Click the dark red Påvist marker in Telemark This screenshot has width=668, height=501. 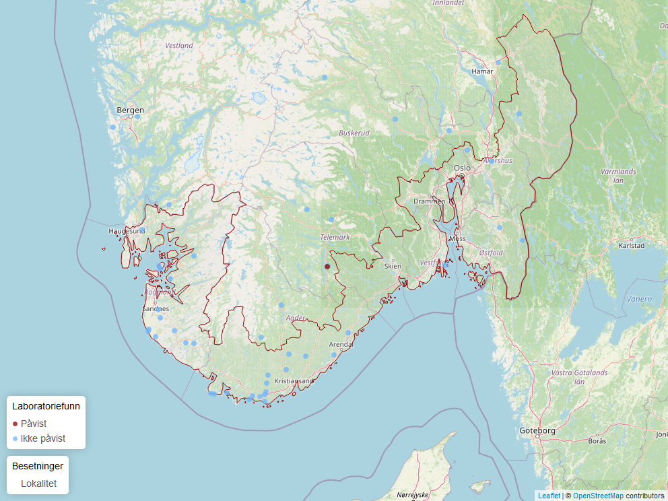(x=327, y=267)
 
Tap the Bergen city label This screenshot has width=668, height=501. (x=130, y=110)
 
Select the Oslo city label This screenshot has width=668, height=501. (x=463, y=168)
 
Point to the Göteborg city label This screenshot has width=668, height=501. (x=537, y=430)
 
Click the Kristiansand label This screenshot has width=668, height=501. (x=294, y=381)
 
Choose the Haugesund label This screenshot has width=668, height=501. (x=127, y=231)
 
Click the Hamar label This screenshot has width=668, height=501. (x=482, y=71)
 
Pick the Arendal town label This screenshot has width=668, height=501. (x=341, y=344)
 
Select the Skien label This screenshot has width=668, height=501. (x=393, y=266)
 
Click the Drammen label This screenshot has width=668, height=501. (x=429, y=201)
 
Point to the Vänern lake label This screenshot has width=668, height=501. (x=639, y=298)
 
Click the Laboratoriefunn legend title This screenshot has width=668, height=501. (x=46, y=406)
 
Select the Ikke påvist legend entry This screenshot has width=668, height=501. (x=43, y=438)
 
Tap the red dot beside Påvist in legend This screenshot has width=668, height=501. (x=15, y=424)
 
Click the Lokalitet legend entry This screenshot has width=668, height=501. (x=38, y=483)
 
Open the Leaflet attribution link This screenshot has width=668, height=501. (x=549, y=496)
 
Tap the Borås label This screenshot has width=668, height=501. (x=597, y=441)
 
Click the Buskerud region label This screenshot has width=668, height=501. (x=354, y=133)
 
